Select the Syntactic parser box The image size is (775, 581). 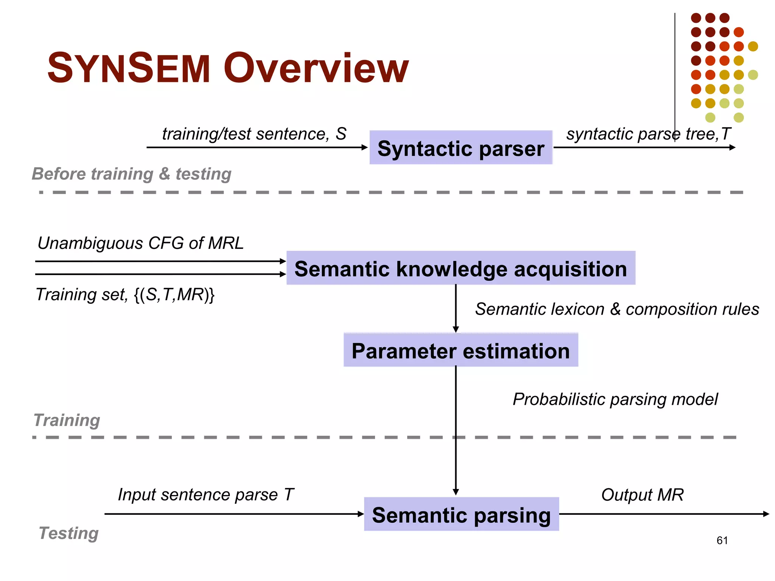coord(461,148)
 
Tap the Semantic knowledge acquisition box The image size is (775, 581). coord(461,268)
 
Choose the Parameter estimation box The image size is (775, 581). coord(461,350)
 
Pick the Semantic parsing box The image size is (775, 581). coord(461,514)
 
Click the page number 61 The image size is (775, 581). coord(722,541)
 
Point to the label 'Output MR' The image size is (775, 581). coord(642,495)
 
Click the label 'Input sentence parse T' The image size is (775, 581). coord(205,495)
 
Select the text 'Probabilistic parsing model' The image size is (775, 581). coord(615,399)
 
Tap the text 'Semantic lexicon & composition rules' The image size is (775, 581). coord(617,309)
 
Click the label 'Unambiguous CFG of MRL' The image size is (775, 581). coord(140,243)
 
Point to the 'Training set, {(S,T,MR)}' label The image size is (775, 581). coord(125,295)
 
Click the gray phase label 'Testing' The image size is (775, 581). coord(68,533)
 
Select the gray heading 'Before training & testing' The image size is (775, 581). coord(131,174)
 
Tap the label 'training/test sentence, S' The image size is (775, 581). coord(254,134)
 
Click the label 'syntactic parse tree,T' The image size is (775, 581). coord(648,134)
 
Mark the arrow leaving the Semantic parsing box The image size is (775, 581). coord(662,514)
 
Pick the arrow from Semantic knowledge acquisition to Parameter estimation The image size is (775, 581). coord(456,308)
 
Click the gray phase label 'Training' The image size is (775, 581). coord(67,420)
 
